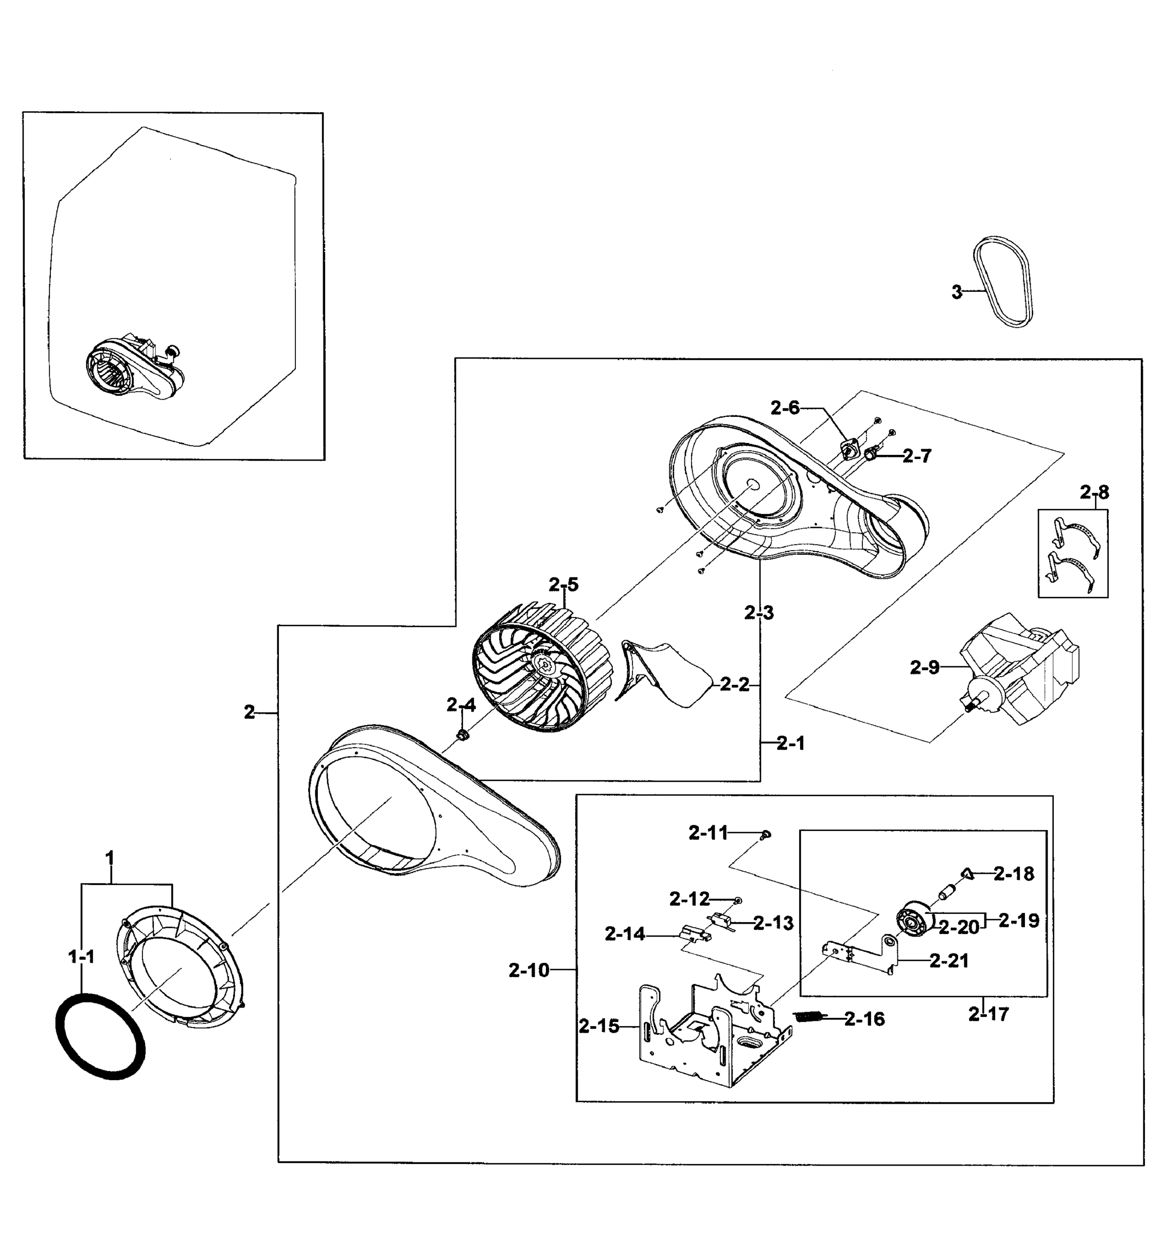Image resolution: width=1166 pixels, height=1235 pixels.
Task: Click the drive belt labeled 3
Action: click(1002, 283)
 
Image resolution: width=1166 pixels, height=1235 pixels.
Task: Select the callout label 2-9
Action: click(924, 668)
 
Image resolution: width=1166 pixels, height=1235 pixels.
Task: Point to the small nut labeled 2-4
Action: click(463, 736)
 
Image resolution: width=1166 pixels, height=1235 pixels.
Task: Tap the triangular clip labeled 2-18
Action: click(968, 873)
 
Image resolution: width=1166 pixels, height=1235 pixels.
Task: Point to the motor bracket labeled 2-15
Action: click(709, 1032)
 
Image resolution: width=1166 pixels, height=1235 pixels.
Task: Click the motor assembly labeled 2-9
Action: click(1019, 671)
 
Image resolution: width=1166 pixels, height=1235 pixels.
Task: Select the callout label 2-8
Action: click(1094, 493)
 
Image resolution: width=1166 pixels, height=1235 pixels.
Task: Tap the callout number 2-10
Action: click(529, 970)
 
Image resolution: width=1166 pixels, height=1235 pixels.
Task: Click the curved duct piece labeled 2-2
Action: click(665, 675)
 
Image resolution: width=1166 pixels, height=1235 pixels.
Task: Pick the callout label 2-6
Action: click(785, 409)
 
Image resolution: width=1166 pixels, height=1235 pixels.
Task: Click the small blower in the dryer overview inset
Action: click(134, 368)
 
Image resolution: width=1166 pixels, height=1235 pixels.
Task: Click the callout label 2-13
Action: click(773, 924)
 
